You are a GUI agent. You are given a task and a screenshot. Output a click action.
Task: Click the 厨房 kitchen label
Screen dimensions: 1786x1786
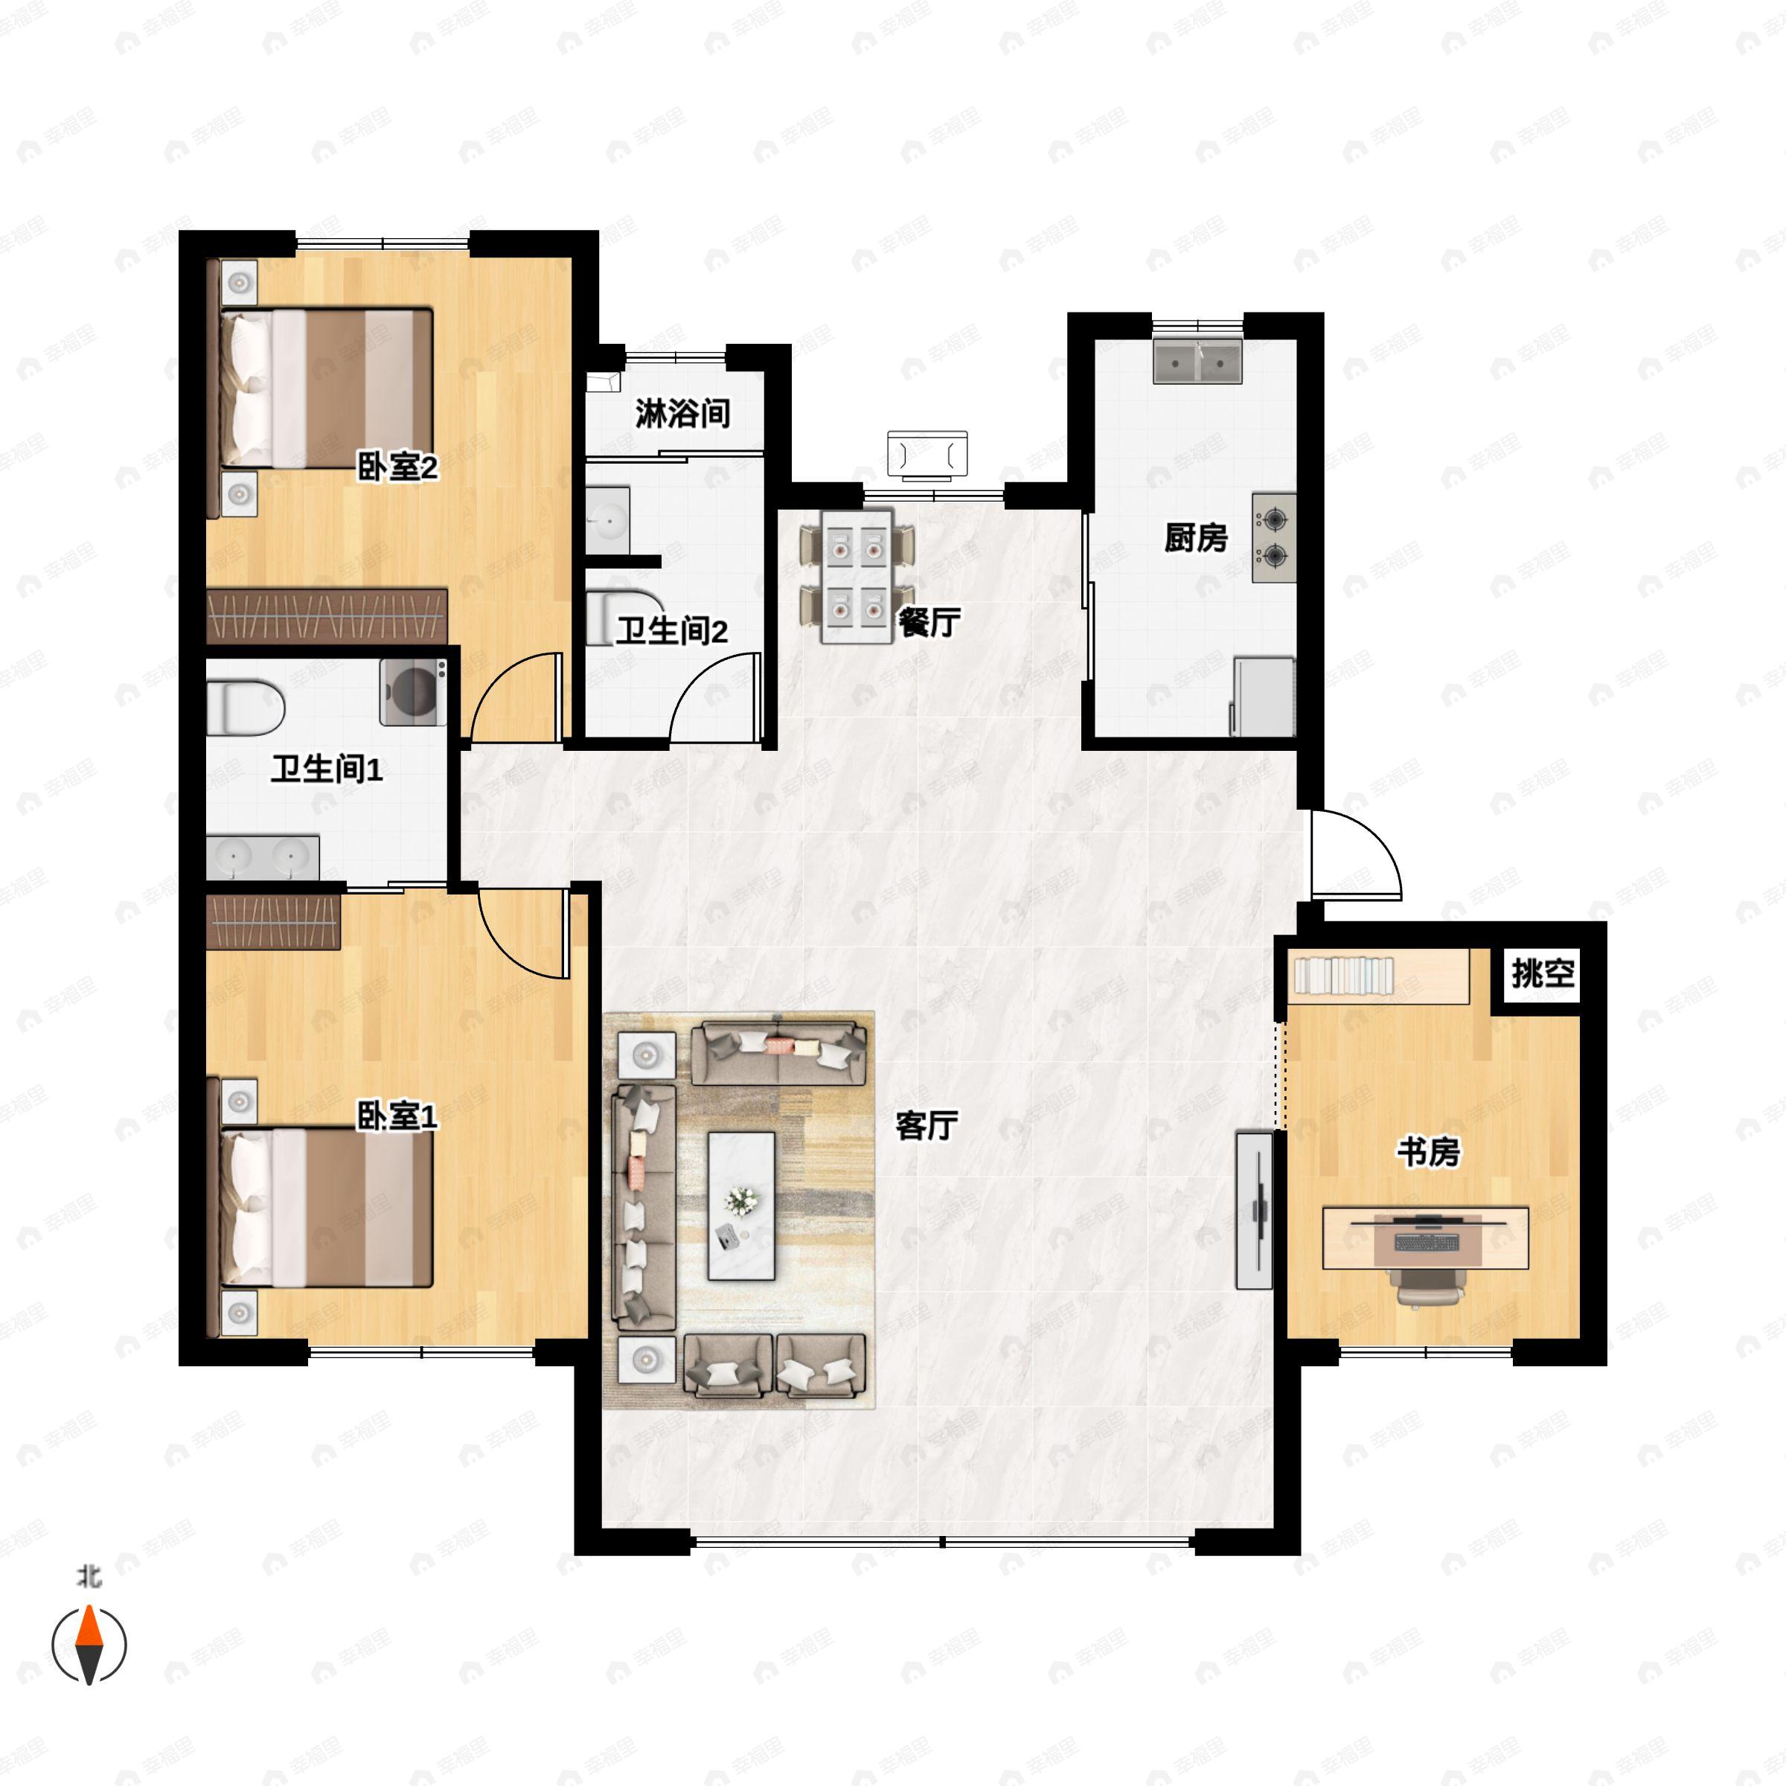(1195, 537)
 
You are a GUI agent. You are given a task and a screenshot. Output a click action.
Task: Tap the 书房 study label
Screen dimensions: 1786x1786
(1428, 1152)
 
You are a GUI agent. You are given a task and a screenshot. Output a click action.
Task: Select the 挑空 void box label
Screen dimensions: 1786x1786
(1543, 973)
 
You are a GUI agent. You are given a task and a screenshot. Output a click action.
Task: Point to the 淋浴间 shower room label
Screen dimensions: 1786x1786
(682, 413)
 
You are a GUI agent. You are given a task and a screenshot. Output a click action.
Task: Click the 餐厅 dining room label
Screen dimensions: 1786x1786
(929, 623)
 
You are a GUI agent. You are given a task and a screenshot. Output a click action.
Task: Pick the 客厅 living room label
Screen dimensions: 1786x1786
(926, 1125)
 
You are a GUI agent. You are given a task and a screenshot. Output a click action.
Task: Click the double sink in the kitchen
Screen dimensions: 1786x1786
(1197, 362)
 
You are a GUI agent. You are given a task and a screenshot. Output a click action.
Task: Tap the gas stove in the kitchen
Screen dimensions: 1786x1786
(1274, 538)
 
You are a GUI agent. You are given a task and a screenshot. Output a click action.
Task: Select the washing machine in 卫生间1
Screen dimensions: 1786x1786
(413, 691)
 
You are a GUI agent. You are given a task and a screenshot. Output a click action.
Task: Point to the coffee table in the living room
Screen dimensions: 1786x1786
(741, 1206)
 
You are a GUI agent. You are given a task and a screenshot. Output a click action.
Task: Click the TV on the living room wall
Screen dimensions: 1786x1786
(1255, 1210)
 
